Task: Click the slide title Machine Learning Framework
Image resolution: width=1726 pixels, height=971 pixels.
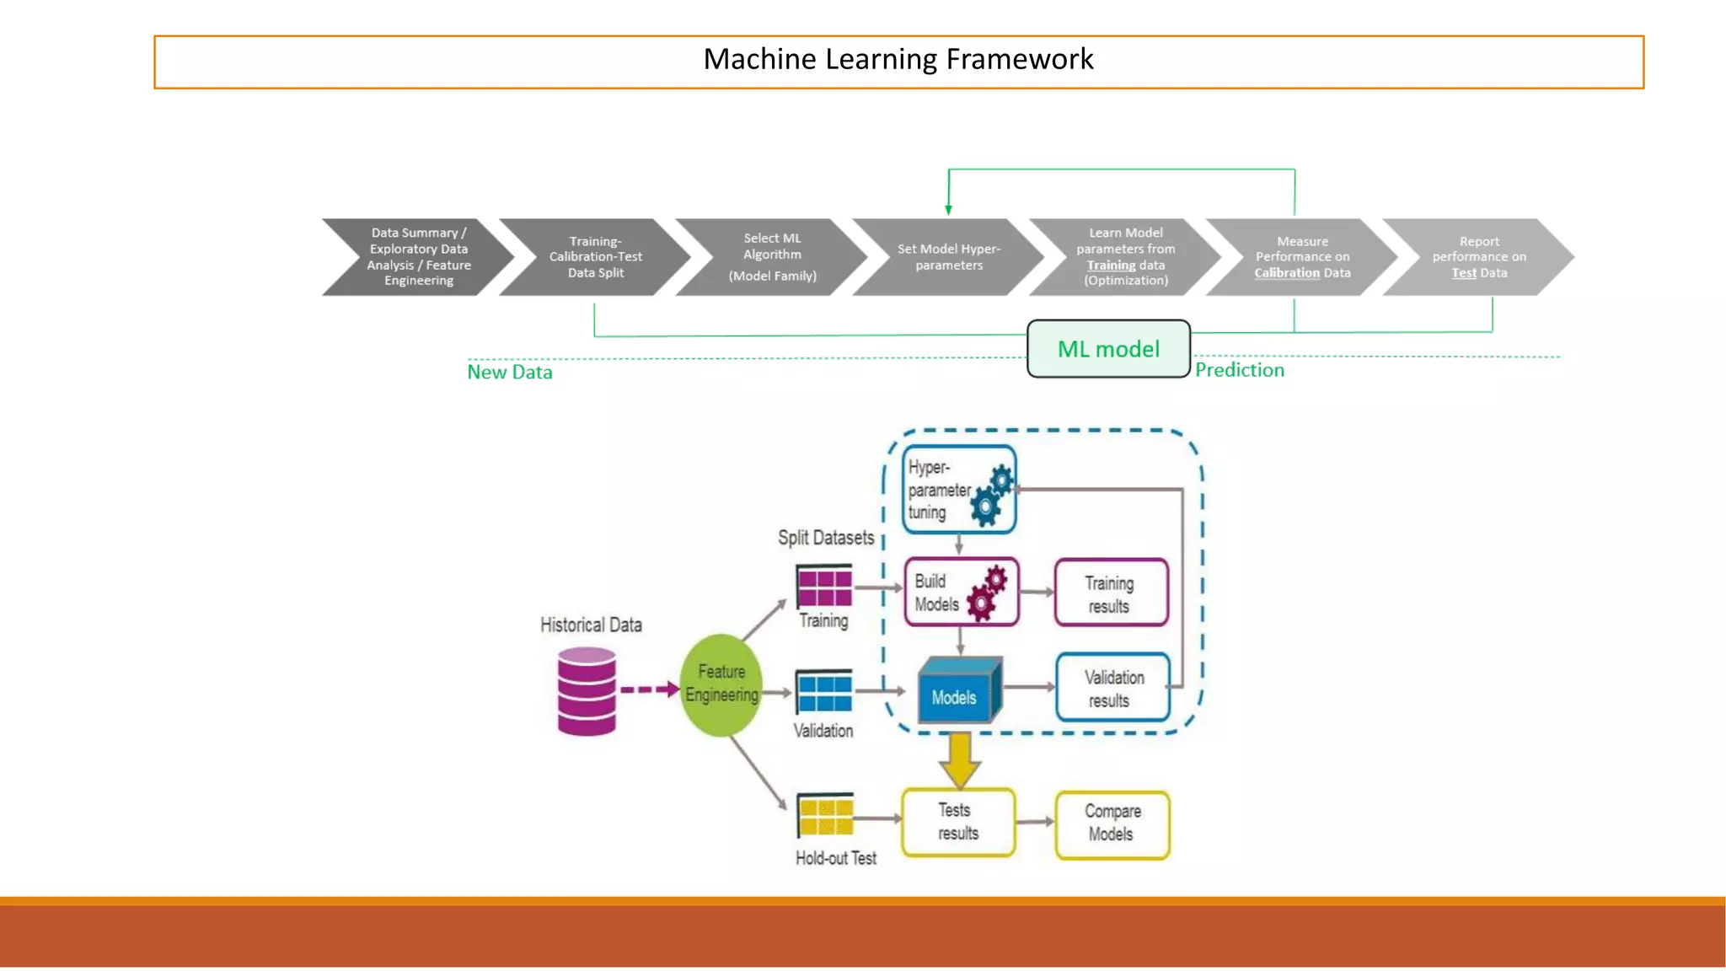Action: click(x=898, y=60)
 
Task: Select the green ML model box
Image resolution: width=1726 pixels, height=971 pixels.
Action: click(x=1108, y=349)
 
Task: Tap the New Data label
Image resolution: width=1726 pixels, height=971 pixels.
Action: click(x=510, y=372)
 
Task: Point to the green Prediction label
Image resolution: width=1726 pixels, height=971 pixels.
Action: click(x=1239, y=370)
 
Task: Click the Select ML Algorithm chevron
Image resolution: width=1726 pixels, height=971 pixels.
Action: click(x=771, y=257)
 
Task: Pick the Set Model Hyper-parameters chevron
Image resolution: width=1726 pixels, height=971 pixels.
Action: click(x=948, y=257)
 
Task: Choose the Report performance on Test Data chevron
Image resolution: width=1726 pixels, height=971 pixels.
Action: click(x=1478, y=257)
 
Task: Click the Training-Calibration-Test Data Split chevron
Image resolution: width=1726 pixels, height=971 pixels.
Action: click(x=595, y=257)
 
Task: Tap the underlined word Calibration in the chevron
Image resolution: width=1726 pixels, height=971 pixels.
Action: click(x=1286, y=273)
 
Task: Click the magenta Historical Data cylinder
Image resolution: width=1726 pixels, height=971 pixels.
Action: click(x=587, y=691)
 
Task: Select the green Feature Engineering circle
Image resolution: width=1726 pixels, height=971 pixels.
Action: click(x=721, y=684)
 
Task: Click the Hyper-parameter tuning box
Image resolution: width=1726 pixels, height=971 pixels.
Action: click(x=959, y=490)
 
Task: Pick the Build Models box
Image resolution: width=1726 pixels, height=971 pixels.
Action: click(x=962, y=592)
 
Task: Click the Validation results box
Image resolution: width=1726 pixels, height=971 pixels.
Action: click(x=1112, y=688)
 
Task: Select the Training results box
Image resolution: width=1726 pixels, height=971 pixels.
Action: click(x=1111, y=593)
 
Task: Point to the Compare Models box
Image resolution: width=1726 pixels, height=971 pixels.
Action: click(x=1112, y=823)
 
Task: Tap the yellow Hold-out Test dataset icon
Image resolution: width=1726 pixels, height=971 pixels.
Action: click(x=825, y=815)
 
